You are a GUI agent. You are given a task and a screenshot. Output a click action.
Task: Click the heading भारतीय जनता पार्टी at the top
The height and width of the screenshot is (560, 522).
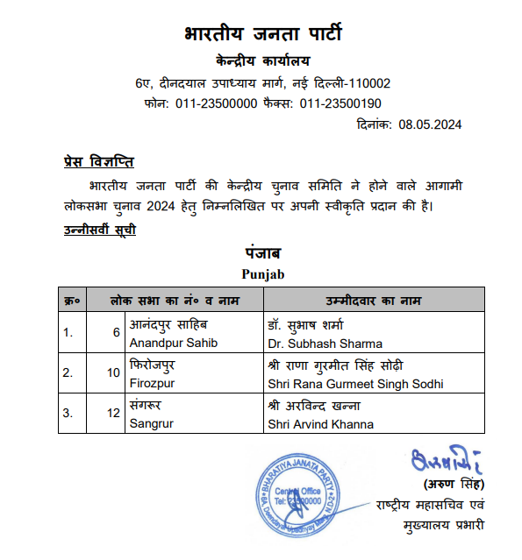(262, 36)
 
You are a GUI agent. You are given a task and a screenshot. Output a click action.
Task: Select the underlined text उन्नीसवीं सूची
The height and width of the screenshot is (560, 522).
(99, 230)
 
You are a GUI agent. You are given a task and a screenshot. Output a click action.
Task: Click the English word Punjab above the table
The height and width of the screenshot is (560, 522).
(262, 274)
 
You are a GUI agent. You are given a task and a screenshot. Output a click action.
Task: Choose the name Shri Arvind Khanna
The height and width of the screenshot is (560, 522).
(320, 424)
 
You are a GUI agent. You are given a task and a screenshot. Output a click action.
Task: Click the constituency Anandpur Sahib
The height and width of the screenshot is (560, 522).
(173, 344)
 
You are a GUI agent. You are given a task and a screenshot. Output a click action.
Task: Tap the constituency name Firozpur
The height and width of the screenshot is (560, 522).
(154, 384)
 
